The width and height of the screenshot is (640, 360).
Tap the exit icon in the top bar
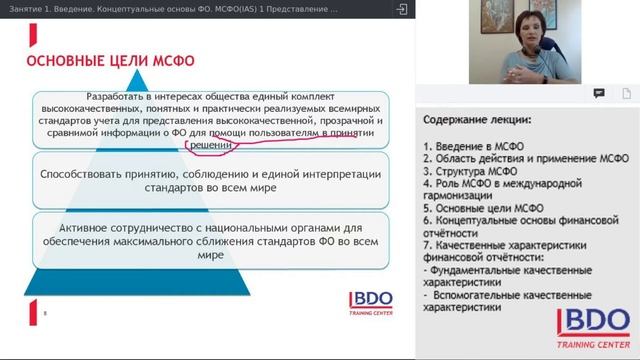click(401, 9)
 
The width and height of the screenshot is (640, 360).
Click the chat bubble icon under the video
click(599, 93)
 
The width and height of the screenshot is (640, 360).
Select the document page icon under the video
click(626, 93)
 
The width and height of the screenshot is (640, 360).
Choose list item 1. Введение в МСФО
click(474, 147)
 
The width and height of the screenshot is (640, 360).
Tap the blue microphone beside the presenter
click(565, 61)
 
